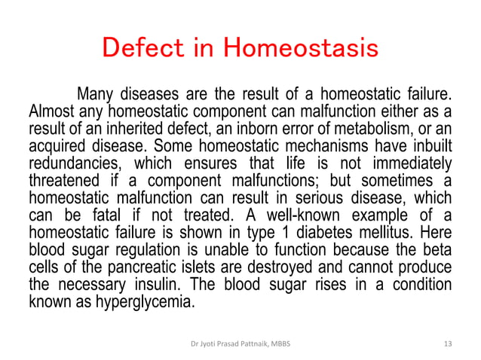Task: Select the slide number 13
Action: point(449,344)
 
